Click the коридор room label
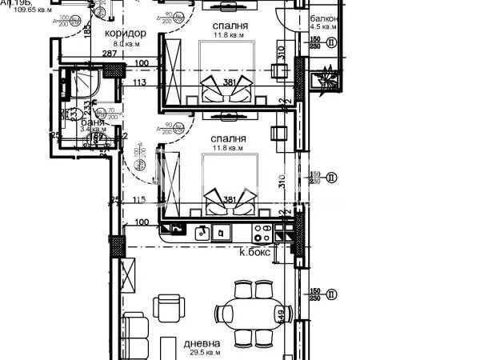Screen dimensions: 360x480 click(126, 33)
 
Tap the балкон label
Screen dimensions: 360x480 click(326, 18)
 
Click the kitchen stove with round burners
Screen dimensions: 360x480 click(262, 233)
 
